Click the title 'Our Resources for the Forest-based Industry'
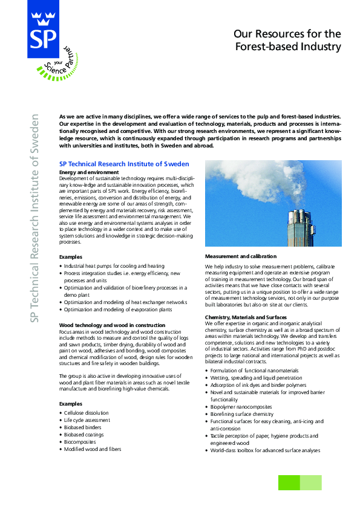click(x=287, y=40)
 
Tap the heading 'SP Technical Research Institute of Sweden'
click(x=124, y=164)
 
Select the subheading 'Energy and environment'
click(x=89, y=172)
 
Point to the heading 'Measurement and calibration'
click(x=241, y=256)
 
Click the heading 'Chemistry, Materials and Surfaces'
click(x=246, y=317)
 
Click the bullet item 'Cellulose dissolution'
click(x=87, y=413)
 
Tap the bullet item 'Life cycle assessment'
click(x=87, y=420)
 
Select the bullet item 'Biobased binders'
click(x=83, y=427)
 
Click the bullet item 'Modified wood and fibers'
click(x=93, y=449)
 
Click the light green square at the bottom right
click(x=311, y=482)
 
